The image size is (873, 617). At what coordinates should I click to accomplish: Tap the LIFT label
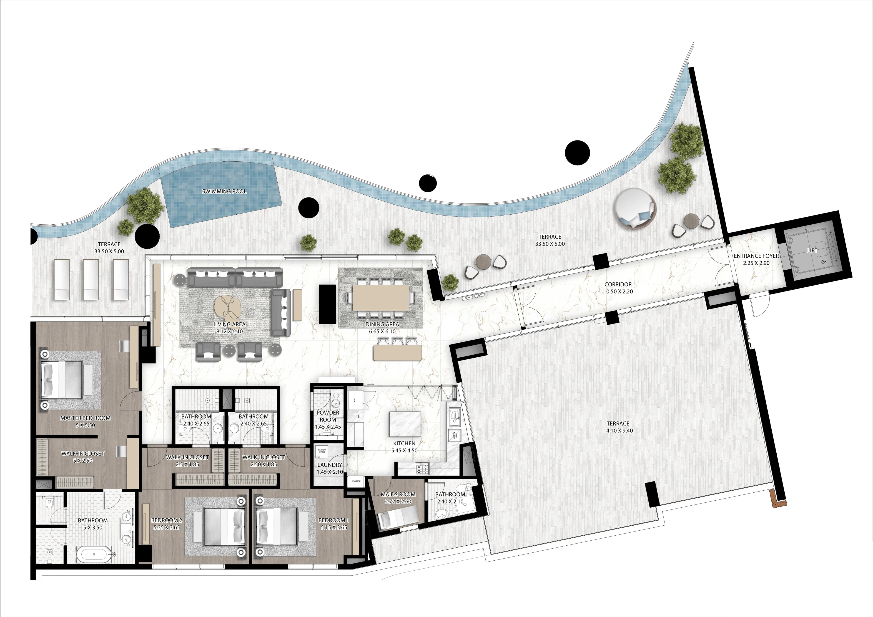(x=812, y=251)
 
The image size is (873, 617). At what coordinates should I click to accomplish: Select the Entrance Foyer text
(x=756, y=256)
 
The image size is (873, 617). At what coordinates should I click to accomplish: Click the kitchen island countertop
(x=405, y=424)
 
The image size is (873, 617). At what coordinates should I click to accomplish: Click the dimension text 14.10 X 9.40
(x=618, y=431)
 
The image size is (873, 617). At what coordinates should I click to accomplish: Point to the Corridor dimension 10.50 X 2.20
(x=618, y=292)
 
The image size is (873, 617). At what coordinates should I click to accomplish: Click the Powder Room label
(x=328, y=416)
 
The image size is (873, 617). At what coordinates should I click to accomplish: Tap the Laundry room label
(x=330, y=464)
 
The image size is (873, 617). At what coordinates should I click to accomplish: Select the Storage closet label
(x=356, y=481)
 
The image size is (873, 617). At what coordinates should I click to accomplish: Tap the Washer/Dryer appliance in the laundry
(x=322, y=451)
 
